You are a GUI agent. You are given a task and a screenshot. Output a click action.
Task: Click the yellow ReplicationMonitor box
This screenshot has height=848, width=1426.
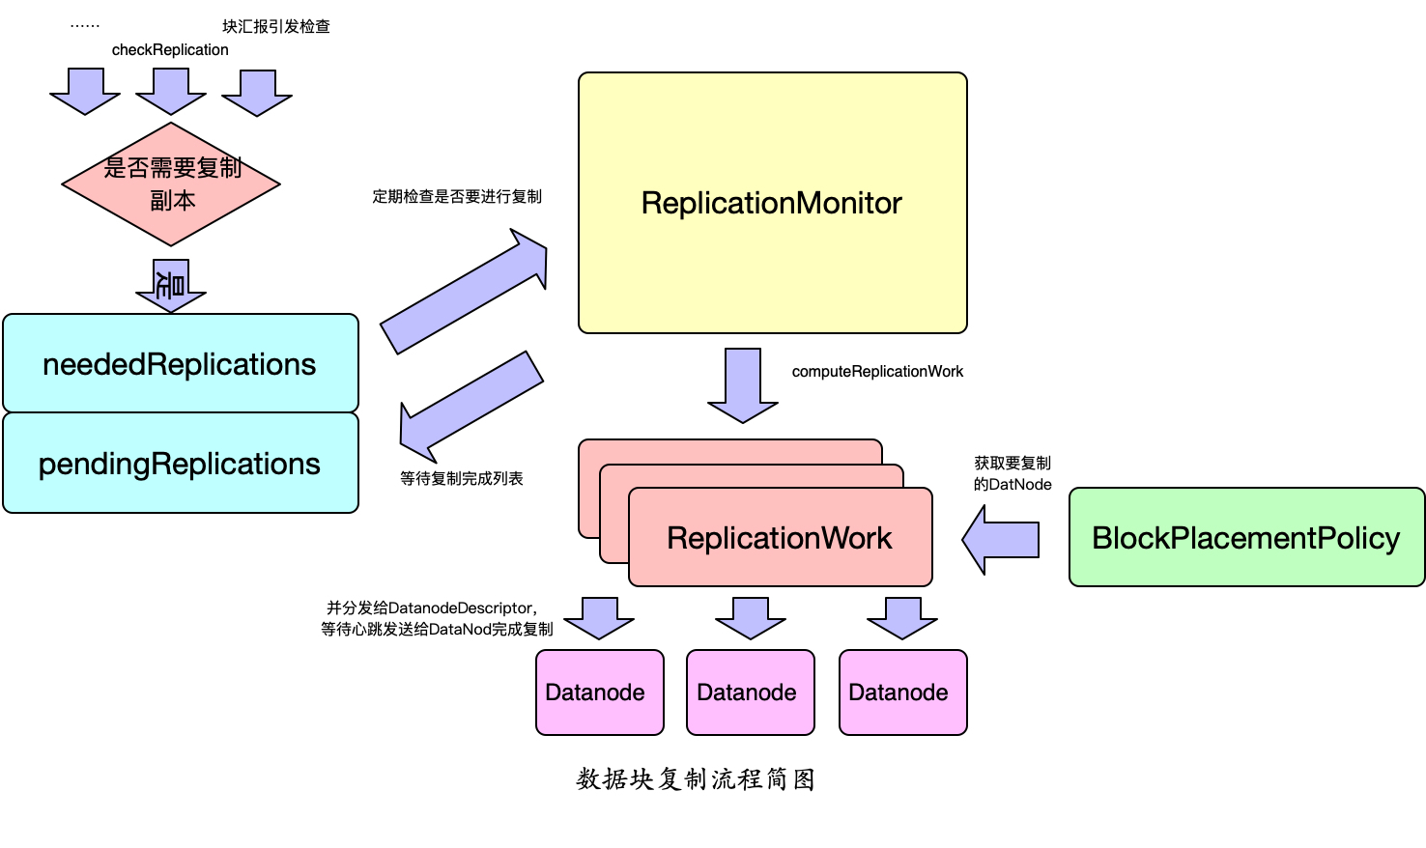point(772,203)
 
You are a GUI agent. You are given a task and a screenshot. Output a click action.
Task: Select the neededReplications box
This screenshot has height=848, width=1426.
point(181,364)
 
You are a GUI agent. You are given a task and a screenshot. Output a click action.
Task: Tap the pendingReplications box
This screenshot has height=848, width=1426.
point(181,464)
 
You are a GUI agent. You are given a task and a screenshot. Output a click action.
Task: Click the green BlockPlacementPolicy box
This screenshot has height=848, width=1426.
point(1246,538)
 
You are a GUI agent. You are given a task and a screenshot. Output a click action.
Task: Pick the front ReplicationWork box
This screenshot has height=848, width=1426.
point(780,538)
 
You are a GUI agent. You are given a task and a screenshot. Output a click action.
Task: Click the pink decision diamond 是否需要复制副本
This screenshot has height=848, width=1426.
point(171,184)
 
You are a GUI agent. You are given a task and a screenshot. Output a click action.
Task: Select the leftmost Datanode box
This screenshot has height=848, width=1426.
point(599,693)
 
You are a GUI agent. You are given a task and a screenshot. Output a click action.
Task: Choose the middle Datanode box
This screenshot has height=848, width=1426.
point(750,693)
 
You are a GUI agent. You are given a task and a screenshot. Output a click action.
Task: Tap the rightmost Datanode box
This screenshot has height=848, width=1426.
point(902,693)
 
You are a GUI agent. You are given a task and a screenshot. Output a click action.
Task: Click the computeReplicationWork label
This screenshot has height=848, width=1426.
point(877,372)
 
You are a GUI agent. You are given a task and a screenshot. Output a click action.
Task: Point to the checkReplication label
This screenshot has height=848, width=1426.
point(170,50)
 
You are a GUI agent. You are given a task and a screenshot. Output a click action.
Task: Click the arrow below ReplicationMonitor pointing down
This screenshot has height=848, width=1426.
point(743,384)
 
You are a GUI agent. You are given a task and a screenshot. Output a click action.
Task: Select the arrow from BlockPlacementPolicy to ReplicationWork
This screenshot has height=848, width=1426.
point(1002,540)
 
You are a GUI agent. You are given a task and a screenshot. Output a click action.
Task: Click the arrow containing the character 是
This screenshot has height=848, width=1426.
point(171,285)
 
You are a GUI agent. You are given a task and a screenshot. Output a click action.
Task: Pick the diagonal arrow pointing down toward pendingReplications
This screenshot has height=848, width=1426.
point(471,406)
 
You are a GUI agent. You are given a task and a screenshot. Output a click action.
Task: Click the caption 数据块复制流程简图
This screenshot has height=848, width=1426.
point(696,779)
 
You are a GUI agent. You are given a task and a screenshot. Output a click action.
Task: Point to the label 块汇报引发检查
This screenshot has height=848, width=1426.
point(276,27)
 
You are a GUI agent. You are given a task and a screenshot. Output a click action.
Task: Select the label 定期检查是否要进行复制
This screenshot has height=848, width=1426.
point(457,197)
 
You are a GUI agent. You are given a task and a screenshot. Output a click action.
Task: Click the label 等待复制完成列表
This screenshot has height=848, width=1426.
point(462,479)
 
